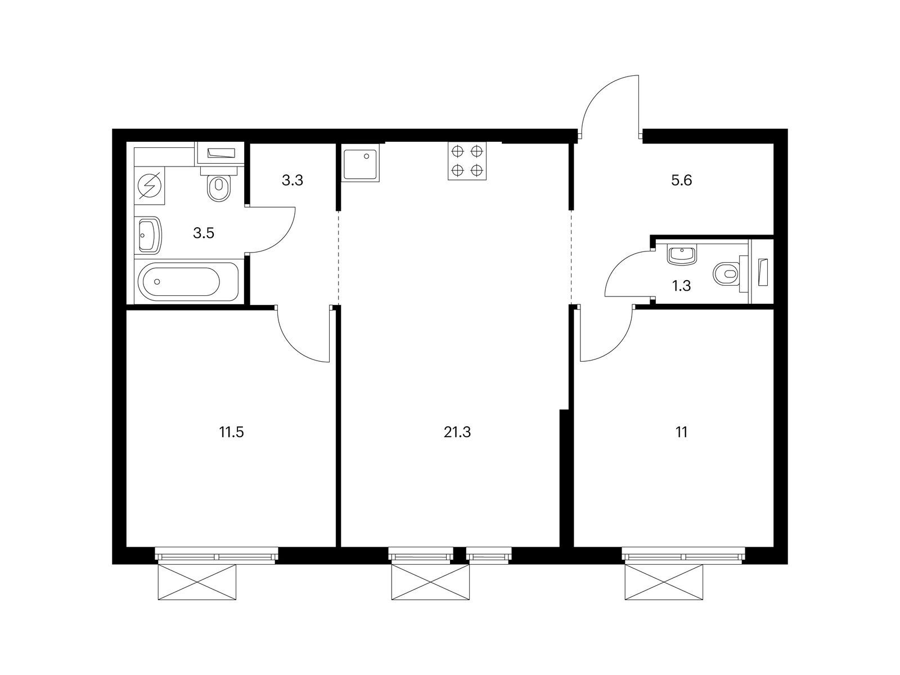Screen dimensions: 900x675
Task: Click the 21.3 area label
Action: [457, 432]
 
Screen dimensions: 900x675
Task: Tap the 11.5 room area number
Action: [231, 432]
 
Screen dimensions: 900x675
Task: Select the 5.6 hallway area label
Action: [681, 180]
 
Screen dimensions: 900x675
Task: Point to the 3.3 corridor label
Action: [292, 180]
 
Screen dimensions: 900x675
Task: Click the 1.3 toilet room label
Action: [681, 286]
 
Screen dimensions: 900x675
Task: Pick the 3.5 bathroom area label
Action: [204, 233]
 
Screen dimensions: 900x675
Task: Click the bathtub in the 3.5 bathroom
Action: [188, 282]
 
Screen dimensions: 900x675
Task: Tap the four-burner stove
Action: [467, 161]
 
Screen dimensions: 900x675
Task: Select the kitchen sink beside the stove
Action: [361, 161]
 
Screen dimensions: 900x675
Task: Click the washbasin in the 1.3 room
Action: [681, 255]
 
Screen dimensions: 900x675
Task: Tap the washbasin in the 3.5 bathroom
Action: [147, 236]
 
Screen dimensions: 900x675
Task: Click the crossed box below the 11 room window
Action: [664, 582]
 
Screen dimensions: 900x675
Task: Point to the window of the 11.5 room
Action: [216, 556]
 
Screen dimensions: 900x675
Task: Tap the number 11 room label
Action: [681, 432]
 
